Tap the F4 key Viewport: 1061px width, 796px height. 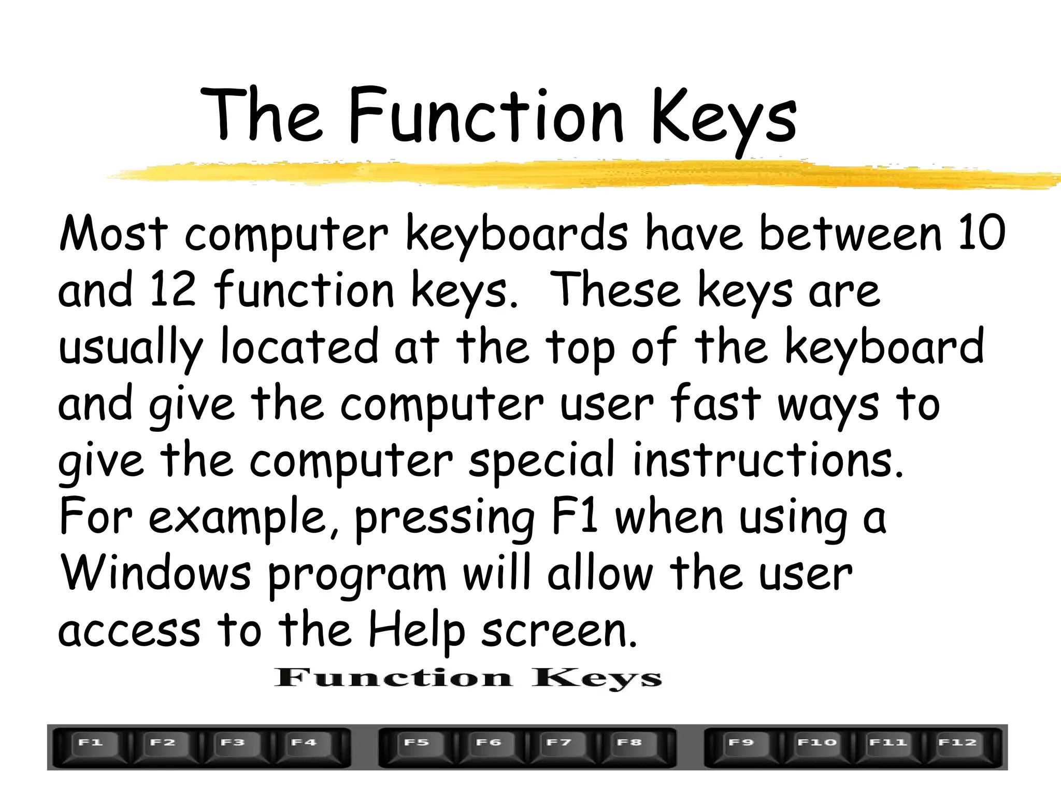coord(305,747)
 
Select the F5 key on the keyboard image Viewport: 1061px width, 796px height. coord(417,747)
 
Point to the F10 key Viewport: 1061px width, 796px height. coord(816,747)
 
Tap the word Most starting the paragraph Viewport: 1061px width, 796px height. coord(113,233)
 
